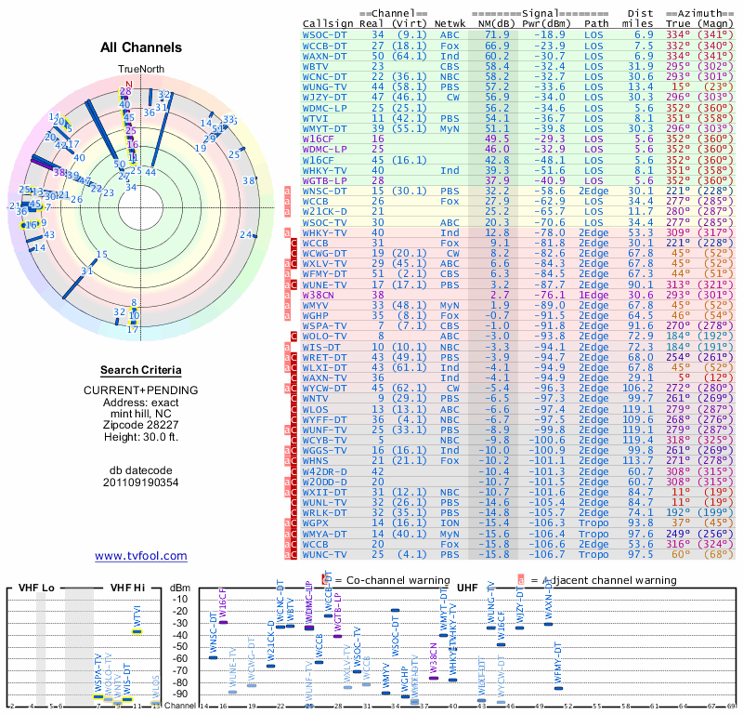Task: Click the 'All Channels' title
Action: click(x=140, y=47)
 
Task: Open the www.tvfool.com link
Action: click(x=140, y=556)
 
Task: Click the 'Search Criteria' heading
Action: click(x=140, y=369)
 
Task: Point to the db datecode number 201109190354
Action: click(x=140, y=482)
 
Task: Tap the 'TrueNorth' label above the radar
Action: click(x=140, y=70)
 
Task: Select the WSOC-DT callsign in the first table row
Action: click(x=325, y=34)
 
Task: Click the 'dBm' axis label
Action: click(x=177, y=588)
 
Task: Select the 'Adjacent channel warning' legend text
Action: click(x=605, y=580)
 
